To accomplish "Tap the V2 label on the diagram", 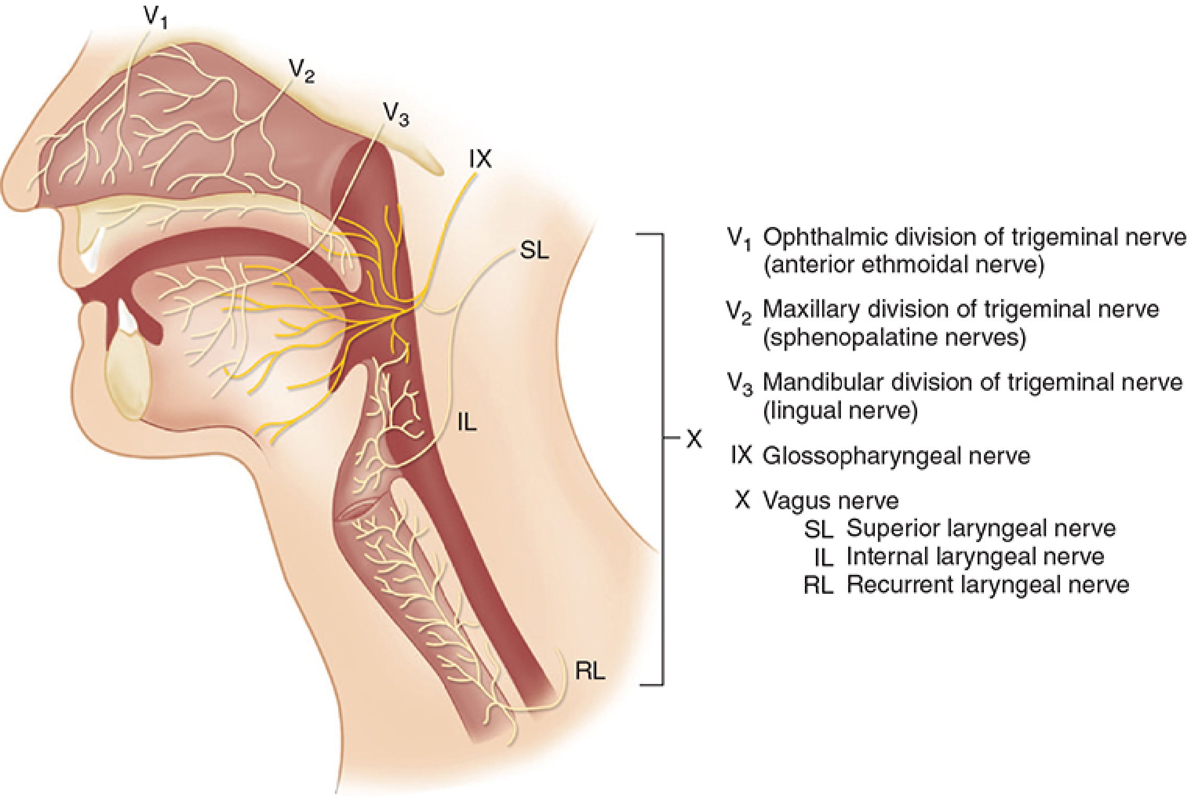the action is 302,70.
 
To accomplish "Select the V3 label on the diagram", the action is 396,114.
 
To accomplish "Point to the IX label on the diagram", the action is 480,159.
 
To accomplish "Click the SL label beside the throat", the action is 535,250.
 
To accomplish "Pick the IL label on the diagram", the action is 467,422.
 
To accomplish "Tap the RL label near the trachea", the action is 590,671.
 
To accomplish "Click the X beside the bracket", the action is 694,439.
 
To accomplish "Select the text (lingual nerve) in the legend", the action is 840,411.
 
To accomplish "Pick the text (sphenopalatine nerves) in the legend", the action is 895,338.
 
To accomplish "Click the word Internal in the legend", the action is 888,556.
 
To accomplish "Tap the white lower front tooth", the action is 126,316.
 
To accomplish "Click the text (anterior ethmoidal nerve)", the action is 904,265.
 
